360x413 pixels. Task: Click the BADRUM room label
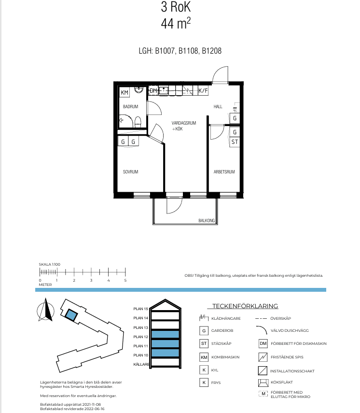pyautogui.click(x=130, y=106)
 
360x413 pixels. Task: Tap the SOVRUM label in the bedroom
pyautogui.click(x=130, y=172)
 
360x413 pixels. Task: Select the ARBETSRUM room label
pyautogui.click(x=224, y=172)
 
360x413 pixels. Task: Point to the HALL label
pyautogui.click(x=218, y=106)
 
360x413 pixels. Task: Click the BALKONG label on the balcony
pyautogui.click(x=207, y=220)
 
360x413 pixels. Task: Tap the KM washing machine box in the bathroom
pyautogui.click(x=125, y=92)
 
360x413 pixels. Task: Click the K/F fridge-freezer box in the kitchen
pyautogui.click(x=203, y=91)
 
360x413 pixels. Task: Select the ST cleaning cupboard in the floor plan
pyautogui.click(x=235, y=142)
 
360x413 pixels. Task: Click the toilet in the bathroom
pyautogui.click(x=138, y=122)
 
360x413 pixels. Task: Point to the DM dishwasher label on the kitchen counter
pyautogui.click(x=153, y=91)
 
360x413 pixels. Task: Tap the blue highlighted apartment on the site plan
pyautogui.click(x=71, y=315)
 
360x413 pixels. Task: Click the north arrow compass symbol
pyautogui.click(x=46, y=310)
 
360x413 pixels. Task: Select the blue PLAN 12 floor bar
pyautogui.click(x=165, y=335)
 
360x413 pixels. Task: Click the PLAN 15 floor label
pyautogui.click(x=141, y=309)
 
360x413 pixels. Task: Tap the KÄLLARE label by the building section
pyautogui.click(x=141, y=364)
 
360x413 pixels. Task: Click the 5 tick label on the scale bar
pyautogui.click(x=125, y=280)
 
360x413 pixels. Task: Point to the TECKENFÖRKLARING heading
pyautogui.click(x=245, y=306)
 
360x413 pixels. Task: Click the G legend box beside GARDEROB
pyautogui.click(x=204, y=330)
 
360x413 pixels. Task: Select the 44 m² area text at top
pyautogui.click(x=176, y=23)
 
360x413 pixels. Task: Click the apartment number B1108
pyautogui.click(x=188, y=51)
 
